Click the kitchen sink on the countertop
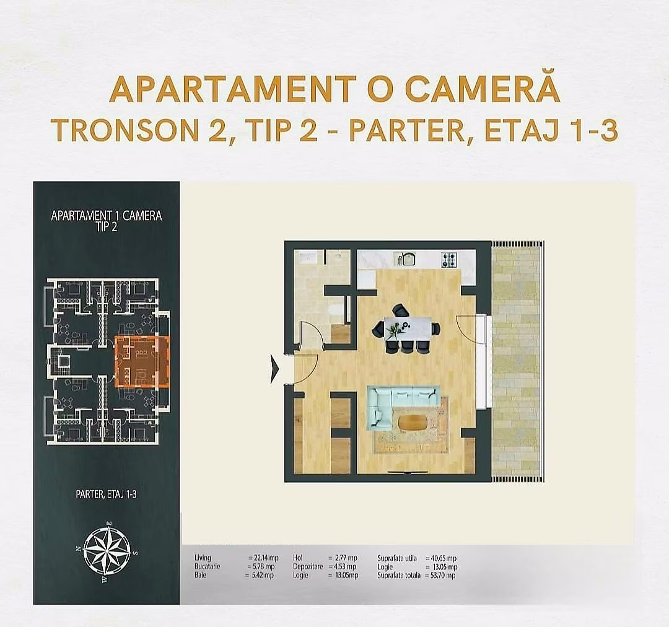pyautogui.click(x=408, y=258)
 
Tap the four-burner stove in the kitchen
pyautogui.click(x=449, y=260)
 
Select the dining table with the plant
pyautogui.click(x=408, y=328)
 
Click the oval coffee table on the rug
pyautogui.click(x=413, y=423)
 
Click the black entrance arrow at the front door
pyautogui.click(x=274, y=370)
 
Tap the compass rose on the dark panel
pyautogui.click(x=107, y=550)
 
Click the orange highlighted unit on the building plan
pyautogui.click(x=142, y=361)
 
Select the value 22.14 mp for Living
pyautogui.click(x=263, y=558)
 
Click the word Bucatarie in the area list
pyautogui.click(x=207, y=566)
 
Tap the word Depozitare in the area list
pyautogui.click(x=308, y=566)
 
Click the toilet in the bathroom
pyautogui.click(x=338, y=310)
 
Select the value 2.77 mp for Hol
pyautogui.click(x=342, y=558)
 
